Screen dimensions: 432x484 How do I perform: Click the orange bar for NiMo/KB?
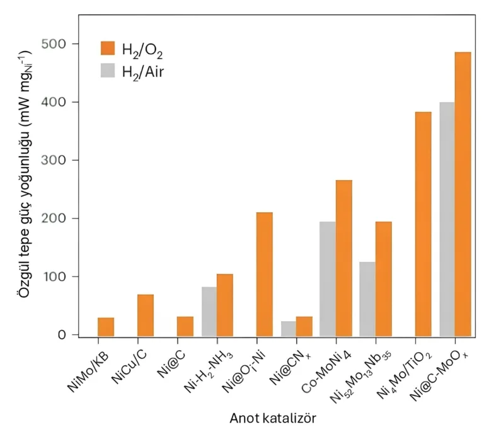tap(106, 327)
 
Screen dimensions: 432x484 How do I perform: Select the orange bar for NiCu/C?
tap(146, 315)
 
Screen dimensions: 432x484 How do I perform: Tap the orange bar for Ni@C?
tap(185, 326)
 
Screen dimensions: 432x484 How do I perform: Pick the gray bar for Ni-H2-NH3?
tap(209, 311)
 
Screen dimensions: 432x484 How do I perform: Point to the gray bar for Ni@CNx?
tap(289, 329)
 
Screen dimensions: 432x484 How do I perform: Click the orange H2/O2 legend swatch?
tap(108, 48)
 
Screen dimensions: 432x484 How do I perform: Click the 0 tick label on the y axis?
tap(62, 335)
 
